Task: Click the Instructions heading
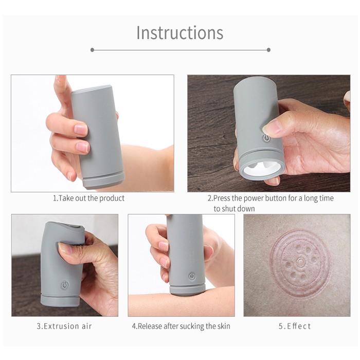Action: pyautogui.click(x=180, y=32)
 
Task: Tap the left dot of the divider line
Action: pyautogui.click(x=92, y=50)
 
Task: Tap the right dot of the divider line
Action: pyautogui.click(x=268, y=50)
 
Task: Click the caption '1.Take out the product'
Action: pyautogui.click(x=88, y=198)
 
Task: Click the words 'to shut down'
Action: pyautogui.click(x=234, y=209)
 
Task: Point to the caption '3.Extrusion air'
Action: pyautogui.click(x=64, y=326)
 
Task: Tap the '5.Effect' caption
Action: pyautogui.click(x=295, y=326)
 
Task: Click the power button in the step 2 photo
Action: pyautogui.click(x=266, y=138)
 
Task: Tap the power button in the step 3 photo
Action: pyautogui.click(x=65, y=285)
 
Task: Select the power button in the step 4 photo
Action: pyautogui.click(x=192, y=276)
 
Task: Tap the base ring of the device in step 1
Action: pyautogui.click(x=104, y=181)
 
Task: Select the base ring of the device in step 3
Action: pyautogui.click(x=60, y=300)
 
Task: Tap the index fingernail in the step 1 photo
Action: pyautogui.click(x=81, y=129)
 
